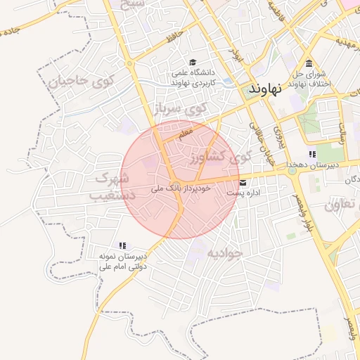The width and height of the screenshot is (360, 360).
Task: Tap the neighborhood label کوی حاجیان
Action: coord(77,80)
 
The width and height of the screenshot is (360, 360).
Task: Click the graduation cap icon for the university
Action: coord(194,62)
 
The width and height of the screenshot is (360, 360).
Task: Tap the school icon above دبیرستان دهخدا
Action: coord(312,155)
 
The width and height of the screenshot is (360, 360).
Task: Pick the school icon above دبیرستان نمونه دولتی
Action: coord(122,246)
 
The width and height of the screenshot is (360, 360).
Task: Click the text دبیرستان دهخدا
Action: coord(312,165)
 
